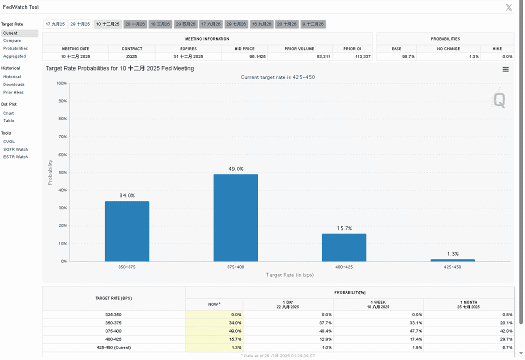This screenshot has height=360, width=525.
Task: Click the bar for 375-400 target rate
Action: click(235, 217)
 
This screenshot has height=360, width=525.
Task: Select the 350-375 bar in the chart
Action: click(127, 231)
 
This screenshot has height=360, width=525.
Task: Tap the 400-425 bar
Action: click(344, 247)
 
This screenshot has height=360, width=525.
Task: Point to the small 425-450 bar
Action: click(452, 260)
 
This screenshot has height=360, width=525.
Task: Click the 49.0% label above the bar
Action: click(236, 169)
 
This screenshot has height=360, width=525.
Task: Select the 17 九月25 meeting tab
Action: click(55, 24)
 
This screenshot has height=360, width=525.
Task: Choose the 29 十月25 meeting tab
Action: click(80, 24)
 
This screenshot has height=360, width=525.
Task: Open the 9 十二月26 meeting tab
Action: click(313, 24)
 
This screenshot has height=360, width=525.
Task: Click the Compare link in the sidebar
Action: click(12, 40)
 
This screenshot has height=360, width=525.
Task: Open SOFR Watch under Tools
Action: click(15, 149)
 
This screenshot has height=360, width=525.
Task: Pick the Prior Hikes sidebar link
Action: click(13, 92)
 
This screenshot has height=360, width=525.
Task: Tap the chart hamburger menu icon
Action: click(505, 69)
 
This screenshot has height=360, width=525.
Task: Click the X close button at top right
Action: click(509, 7)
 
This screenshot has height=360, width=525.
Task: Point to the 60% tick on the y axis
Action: click(62, 154)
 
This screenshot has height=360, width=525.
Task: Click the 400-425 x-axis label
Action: click(344, 267)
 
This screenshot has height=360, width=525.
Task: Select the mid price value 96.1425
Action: click(257, 56)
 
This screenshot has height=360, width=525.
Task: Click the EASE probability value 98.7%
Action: click(408, 56)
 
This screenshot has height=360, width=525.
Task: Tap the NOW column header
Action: click(214, 304)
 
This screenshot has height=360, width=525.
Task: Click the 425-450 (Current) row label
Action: click(114, 347)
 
